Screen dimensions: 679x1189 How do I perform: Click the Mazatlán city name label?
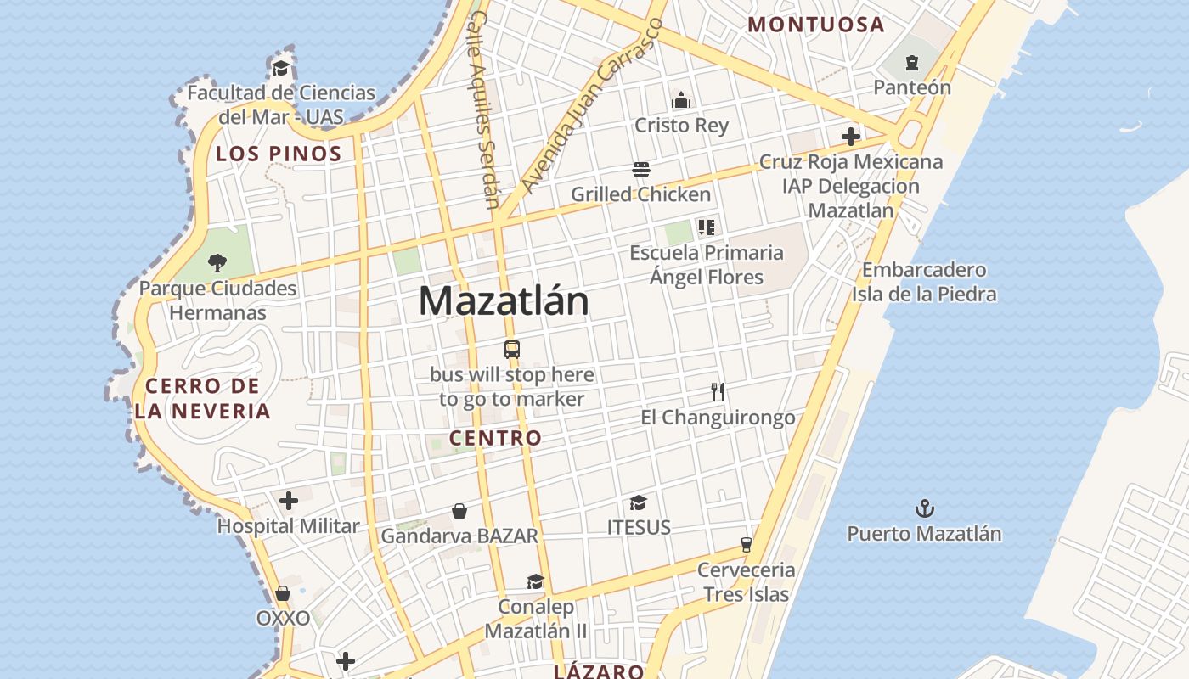click(504, 301)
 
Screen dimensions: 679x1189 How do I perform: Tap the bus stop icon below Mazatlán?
click(511, 349)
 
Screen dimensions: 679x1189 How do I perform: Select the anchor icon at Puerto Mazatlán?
click(924, 508)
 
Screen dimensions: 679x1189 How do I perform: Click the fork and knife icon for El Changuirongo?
click(718, 391)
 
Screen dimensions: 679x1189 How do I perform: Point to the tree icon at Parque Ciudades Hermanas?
click(217, 262)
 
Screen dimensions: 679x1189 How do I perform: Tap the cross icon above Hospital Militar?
click(289, 501)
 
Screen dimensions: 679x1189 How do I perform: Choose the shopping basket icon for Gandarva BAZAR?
click(459, 510)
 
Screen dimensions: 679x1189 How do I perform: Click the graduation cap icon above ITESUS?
click(639, 502)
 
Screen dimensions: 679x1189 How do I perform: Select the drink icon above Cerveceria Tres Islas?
click(747, 544)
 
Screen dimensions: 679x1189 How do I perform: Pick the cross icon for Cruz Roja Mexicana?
click(850, 137)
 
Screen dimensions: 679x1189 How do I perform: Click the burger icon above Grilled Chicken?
click(640, 170)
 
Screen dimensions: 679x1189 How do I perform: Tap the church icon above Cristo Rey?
click(681, 100)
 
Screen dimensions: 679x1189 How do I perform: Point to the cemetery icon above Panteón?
click(912, 62)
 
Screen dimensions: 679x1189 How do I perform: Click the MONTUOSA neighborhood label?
click(816, 25)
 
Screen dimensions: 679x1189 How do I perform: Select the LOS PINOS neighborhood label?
click(279, 154)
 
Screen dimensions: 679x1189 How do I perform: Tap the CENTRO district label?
click(495, 438)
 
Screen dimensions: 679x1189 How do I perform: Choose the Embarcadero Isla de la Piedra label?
click(924, 282)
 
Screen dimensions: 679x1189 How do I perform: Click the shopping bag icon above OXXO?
click(283, 593)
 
